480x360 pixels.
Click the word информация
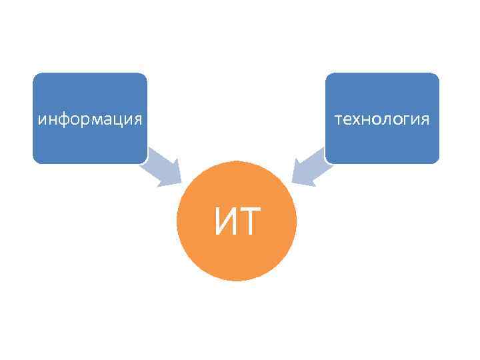click(x=90, y=120)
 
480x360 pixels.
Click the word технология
click(x=382, y=120)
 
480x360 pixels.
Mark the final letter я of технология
click(x=425, y=120)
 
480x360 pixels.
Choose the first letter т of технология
click(x=340, y=120)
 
